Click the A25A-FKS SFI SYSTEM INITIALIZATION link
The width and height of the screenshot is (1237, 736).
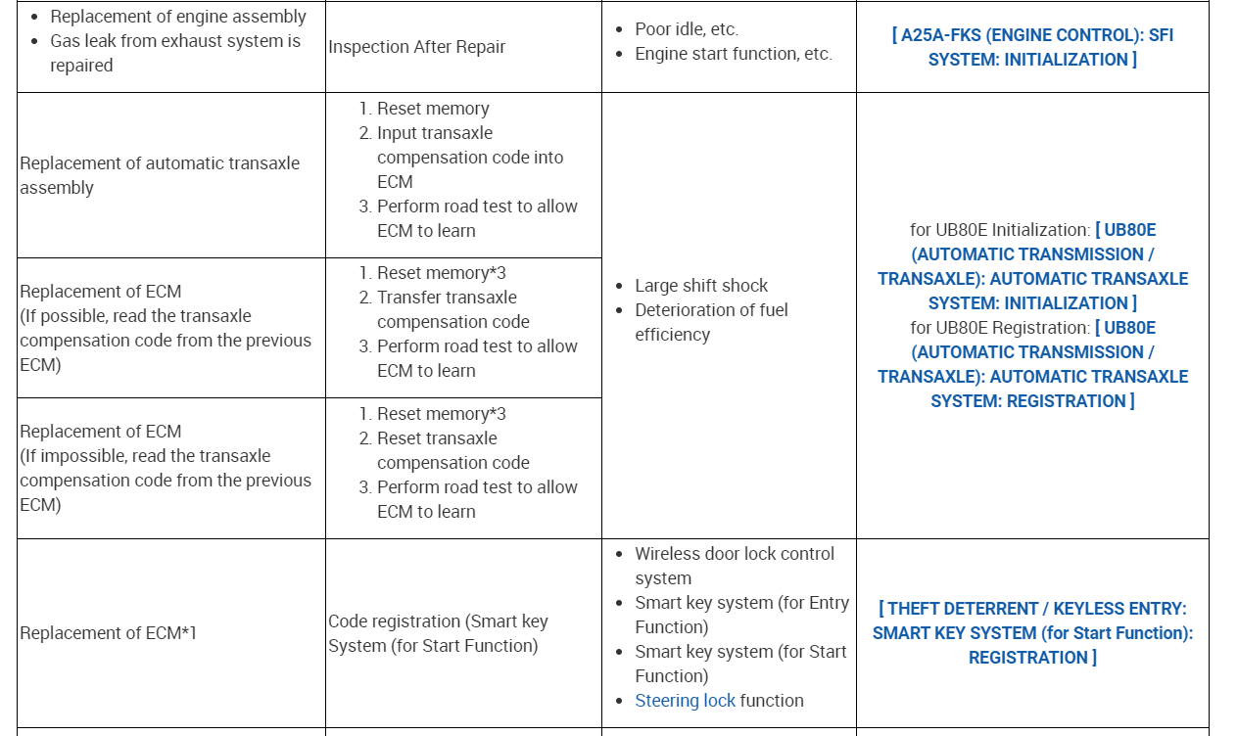point(1032,47)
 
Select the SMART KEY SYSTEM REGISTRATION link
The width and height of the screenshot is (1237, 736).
point(1032,633)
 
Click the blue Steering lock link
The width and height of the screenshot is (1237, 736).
point(685,701)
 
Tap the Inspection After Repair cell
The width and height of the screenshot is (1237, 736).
point(416,47)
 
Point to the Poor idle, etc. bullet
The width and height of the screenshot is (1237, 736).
point(686,29)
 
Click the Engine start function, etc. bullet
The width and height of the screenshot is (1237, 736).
point(733,54)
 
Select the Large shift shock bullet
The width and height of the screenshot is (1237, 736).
point(700,286)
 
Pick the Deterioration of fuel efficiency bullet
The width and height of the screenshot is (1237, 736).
point(711,322)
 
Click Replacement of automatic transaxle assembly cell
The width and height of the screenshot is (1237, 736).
point(160,175)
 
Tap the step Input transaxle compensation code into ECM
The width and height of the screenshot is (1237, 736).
point(470,157)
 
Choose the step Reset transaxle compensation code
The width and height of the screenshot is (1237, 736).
point(452,450)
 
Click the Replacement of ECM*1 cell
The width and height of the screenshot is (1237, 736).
point(108,633)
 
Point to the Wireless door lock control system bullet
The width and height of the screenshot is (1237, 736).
point(734,566)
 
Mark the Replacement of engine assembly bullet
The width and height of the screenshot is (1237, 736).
point(177,17)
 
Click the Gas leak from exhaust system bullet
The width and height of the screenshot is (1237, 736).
point(175,53)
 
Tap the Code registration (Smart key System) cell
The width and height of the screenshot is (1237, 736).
point(438,633)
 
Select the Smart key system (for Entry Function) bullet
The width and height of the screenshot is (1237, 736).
point(741,615)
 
